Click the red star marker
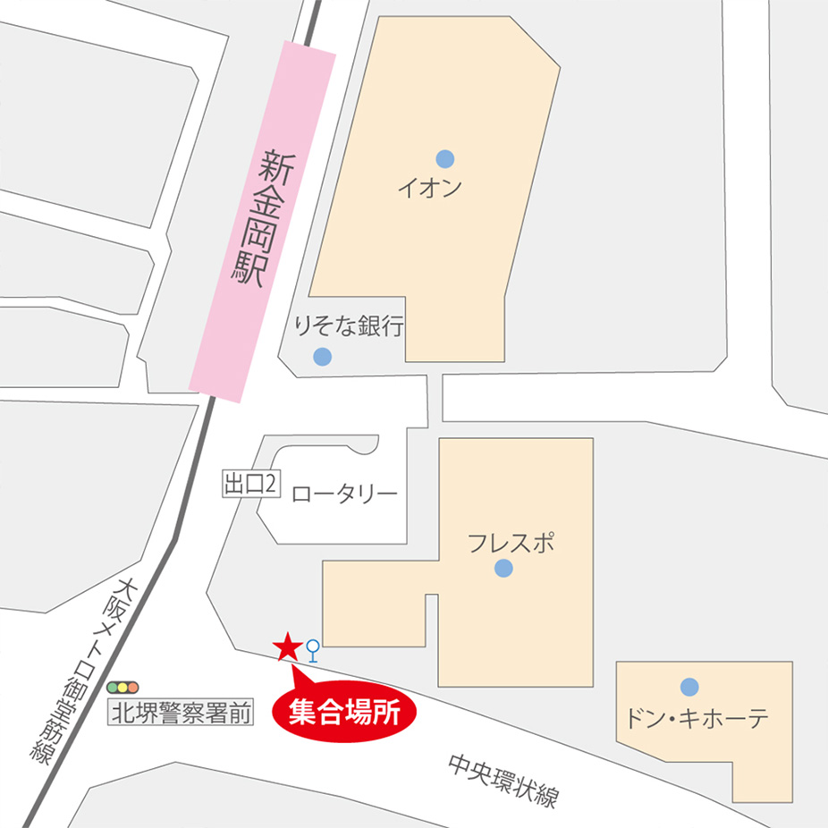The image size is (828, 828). (x=287, y=646)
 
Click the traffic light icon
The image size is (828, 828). (x=123, y=688)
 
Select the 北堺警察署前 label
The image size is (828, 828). (x=180, y=714)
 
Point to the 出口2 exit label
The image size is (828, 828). (x=251, y=485)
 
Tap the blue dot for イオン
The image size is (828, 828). (x=444, y=159)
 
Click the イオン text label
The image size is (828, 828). (x=429, y=189)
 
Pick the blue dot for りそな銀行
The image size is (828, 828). (x=323, y=357)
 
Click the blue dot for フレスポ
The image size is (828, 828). (x=503, y=568)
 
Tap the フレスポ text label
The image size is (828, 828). (x=510, y=541)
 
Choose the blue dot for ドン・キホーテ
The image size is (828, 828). (x=689, y=687)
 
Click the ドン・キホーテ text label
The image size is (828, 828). (x=697, y=718)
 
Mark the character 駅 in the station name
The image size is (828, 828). (x=249, y=271)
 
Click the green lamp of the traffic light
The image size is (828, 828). (x=114, y=688)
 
